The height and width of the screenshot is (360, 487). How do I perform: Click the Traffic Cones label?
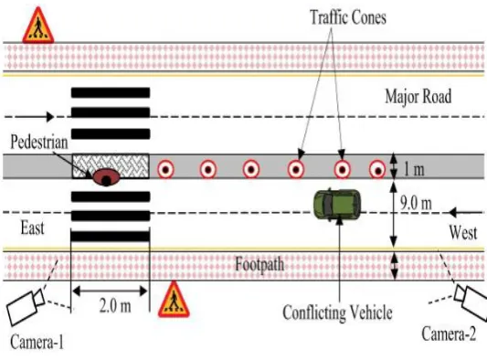pos(348,17)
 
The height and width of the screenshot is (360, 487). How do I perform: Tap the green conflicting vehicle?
pos(337,205)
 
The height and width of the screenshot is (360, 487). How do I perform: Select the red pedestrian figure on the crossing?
pos(106,177)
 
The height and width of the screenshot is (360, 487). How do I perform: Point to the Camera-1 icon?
pos(26,307)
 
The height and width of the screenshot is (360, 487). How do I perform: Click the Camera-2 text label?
pos(449,334)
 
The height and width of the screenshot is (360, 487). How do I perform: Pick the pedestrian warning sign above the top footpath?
pos(38,26)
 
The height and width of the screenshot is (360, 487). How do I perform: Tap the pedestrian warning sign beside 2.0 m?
pos(174,299)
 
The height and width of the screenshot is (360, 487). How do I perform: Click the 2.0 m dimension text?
pos(115,306)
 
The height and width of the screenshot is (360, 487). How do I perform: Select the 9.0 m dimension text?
pos(416,203)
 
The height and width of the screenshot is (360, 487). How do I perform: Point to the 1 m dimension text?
pos(414,170)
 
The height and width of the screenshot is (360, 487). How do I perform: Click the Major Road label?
pos(418,96)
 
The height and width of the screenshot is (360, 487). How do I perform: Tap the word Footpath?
pos(259,265)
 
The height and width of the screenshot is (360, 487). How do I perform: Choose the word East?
pos(32,228)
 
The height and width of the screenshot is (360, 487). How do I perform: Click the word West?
pos(463,232)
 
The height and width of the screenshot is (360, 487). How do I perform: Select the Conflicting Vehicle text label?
pos(337,312)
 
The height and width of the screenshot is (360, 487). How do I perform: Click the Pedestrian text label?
pos(39,142)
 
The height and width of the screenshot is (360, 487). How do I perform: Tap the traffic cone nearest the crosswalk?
pos(165,170)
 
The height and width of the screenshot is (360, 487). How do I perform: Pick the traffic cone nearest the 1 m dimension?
pos(377,170)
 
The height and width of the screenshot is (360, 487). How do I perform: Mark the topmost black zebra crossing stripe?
pos(111,92)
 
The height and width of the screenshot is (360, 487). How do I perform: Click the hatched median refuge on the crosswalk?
pos(111,166)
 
